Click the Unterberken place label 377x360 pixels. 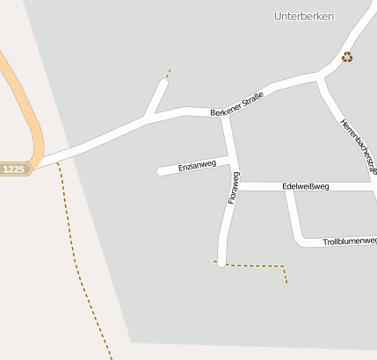304,16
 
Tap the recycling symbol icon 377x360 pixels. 347,57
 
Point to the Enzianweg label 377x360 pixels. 196,164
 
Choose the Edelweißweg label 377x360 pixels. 305,186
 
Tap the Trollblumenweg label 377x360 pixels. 349,241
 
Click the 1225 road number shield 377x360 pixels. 15,169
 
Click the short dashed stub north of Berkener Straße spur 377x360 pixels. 168,74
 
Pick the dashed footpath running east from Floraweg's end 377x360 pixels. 259,265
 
